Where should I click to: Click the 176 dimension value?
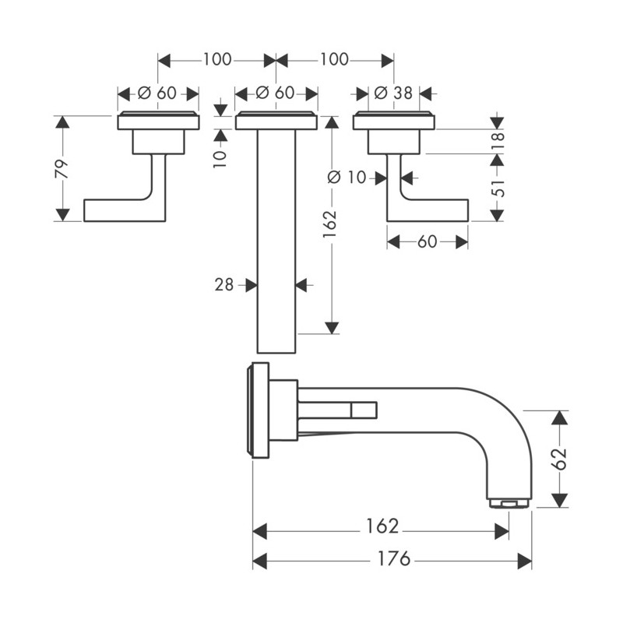[394, 558]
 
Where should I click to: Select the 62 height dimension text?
[561, 459]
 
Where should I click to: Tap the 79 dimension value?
[62, 169]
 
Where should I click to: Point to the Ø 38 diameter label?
[394, 93]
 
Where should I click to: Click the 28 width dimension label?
[224, 284]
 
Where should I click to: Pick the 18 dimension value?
[498, 141]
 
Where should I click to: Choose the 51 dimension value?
[498, 188]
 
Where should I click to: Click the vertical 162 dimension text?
[329, 224]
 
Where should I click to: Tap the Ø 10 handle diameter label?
[347, 178]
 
